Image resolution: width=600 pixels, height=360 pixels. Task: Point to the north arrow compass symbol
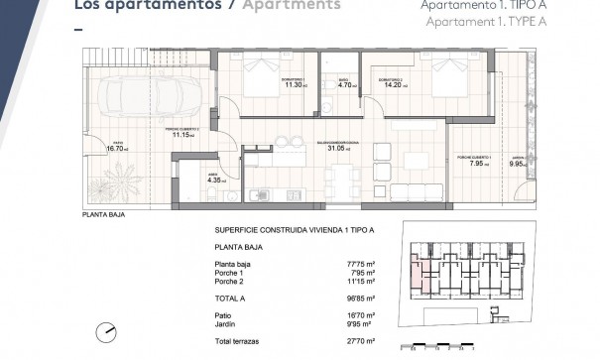coord(103,332)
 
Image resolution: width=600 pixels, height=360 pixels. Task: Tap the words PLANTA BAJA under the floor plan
coord(99,214)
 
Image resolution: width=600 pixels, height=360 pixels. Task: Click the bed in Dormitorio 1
coord(264,76)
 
